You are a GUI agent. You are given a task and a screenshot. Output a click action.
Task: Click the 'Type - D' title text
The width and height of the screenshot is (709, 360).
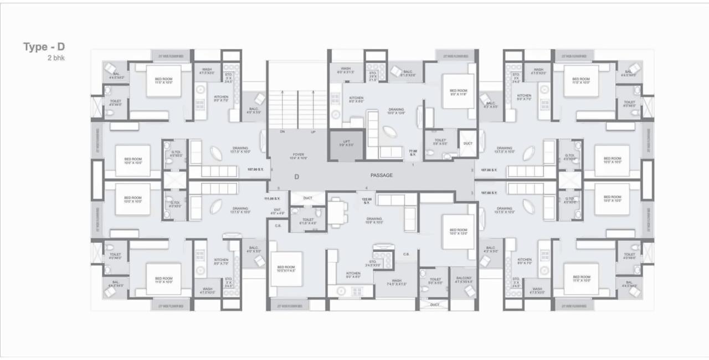click(x=44, y=47)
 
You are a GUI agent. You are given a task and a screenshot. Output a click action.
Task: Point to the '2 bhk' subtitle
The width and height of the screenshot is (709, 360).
click(x=56, y=58)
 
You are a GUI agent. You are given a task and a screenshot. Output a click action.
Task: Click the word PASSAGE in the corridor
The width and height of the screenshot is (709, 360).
click(x=381, y=176)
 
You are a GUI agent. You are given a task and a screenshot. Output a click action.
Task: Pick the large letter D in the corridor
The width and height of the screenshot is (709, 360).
click(x=297, y=177)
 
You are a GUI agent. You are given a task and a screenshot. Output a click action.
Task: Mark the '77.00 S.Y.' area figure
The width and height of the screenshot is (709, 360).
click(x=412, y=152)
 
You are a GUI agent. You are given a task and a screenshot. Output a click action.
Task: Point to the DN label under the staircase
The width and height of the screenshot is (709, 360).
click(x=282, y=132)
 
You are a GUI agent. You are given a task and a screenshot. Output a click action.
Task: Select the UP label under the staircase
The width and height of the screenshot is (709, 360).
click(x=312, y=132)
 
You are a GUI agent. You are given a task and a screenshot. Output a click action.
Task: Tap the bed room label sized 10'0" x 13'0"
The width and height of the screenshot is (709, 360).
click(x=459, y=232)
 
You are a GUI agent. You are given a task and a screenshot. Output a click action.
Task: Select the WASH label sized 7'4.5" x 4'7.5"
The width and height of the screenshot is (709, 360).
click(x=396, y=282)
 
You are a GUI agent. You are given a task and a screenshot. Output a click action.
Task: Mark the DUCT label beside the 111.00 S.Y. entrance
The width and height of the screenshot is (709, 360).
click(x=308, y=198)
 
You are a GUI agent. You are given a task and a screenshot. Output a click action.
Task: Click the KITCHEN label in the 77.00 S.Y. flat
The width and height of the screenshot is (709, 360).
click(x=356, y=100)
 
